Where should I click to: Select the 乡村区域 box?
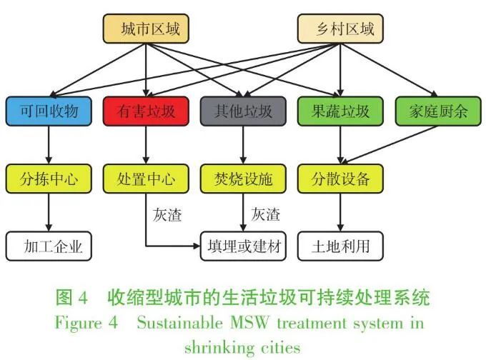339,30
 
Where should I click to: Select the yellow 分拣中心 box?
49,179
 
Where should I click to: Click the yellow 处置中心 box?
146,179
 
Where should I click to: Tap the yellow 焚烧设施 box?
243,179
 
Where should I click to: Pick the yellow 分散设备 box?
339,179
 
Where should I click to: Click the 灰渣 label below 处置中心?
167,214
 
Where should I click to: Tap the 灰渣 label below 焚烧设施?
265,214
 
